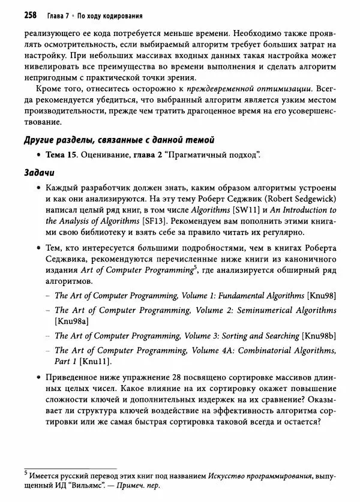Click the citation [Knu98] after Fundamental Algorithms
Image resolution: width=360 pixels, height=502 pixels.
tap(321, 295)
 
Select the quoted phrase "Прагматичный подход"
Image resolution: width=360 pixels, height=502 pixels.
tap(218, 156)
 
